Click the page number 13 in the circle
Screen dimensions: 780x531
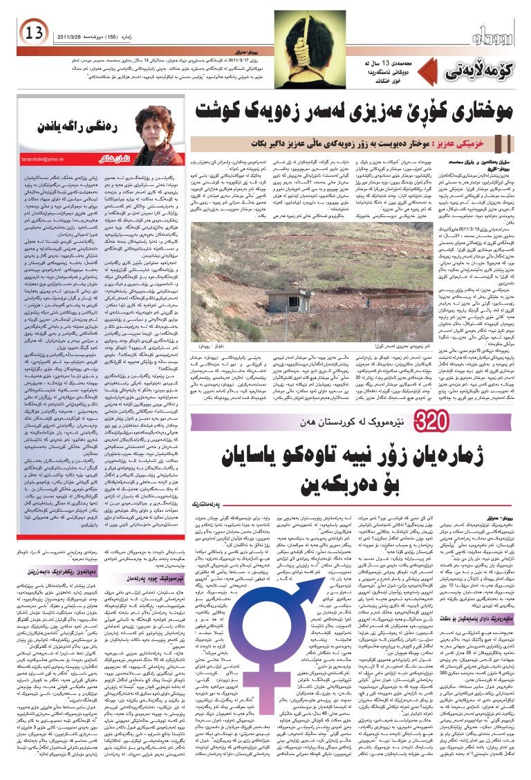pyautogui.click(x=33, y=32)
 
